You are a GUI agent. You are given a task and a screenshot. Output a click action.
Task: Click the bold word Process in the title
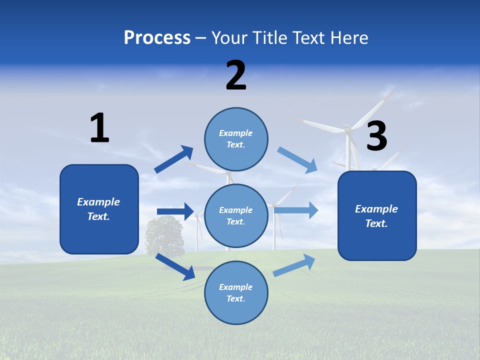[x=157, y=38]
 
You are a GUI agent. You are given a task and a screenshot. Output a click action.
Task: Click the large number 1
[x=99, y=128]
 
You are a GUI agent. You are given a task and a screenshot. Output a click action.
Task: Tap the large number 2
[x=236, y=75]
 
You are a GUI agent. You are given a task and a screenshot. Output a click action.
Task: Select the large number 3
[x=377, y=136]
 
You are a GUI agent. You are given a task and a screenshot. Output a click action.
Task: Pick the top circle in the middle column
[x=236, y=139]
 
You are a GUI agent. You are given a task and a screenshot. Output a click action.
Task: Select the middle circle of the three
[x=236, y=215]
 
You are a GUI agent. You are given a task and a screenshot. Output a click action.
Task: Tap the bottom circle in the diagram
[x=236, y=292]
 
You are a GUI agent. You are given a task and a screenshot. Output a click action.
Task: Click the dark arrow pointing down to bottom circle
[x=175, y=266]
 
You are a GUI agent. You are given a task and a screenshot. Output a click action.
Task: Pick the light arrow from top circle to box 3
[x=297, y=159]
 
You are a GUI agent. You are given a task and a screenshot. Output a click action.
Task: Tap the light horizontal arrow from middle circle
[x=296, y=210]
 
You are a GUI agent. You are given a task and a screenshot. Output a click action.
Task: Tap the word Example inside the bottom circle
[x=236, y=287]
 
